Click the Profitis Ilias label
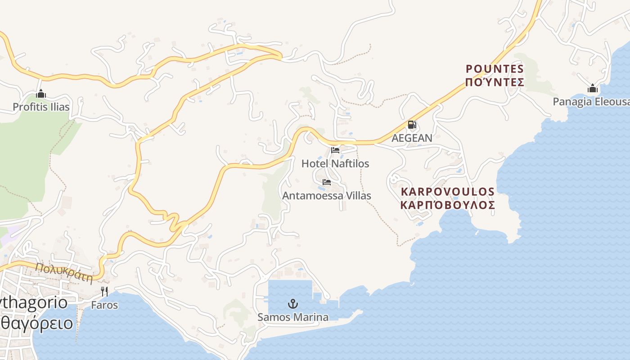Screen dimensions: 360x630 click(41, 107)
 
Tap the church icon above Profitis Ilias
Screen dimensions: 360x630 click(41, 94)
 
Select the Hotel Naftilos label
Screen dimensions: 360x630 click(335, 163)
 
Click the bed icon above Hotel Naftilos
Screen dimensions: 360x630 click(335, 150)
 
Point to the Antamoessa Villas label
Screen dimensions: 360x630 click(327, 196)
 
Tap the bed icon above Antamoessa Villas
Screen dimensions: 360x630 click(327, 182)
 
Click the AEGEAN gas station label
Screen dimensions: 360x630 click(412, 138)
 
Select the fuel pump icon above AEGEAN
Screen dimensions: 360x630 click(412, 125)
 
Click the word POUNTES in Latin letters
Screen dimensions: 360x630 click(495, 69)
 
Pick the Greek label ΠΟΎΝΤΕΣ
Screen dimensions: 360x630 click(495, 82)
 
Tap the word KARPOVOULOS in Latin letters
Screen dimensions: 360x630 click(448, 192)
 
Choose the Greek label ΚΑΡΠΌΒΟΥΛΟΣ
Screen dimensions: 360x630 click(448, 205)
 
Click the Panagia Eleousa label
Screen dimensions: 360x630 click(591, 102)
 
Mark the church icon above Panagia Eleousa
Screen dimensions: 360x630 click(593, 89)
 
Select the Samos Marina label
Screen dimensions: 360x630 click(293, 317)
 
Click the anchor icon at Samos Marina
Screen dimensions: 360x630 click(293, 304)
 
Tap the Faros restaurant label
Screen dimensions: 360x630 click(104, 305)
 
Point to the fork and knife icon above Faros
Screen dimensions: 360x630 click(104, 292)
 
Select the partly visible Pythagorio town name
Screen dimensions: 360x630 click(34, 302)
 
